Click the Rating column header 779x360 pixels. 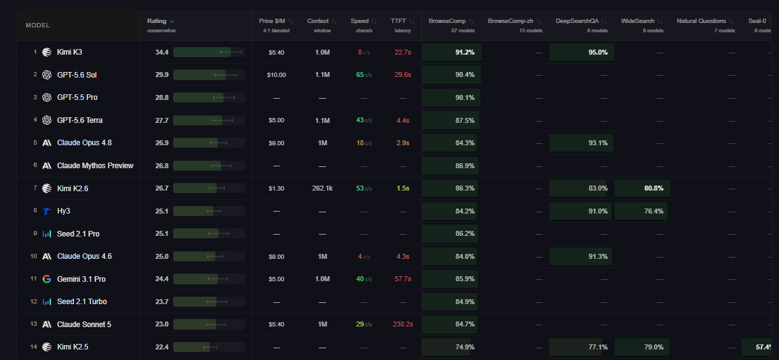click(x=157, y=21)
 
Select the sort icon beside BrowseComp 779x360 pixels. click(x=471, y=21)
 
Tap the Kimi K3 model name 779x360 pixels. click(x=70, y=52)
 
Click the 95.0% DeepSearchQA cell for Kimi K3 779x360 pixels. click(x=582, y=52)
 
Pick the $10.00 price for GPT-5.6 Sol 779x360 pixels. click(x=276, y=75)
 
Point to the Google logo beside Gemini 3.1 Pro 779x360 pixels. click(x=47, y=279)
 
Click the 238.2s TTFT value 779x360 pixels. click(x=403, y=324)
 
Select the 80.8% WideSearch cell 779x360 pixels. click(x=642, y=188)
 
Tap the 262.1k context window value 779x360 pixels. click(x=322, y=189)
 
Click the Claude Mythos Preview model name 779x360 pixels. click(x=96, y=166)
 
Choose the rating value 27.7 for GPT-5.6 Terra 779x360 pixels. click(x=162, y=120)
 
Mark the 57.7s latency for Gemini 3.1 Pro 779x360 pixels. click(x=403, y=279)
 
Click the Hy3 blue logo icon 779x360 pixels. click(x=47, y=211)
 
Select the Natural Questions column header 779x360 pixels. click(x=701, y=21)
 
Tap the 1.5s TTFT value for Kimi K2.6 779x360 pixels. click(x=403, y=188)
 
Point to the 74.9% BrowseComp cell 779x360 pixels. click(x=446, y=347)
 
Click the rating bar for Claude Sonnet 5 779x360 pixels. click(x=209, y=325)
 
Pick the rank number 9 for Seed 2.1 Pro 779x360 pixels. click(x=35, y=233)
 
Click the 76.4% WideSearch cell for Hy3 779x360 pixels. click(x=641, y=211)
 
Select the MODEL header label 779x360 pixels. click(x=38, y=25)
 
